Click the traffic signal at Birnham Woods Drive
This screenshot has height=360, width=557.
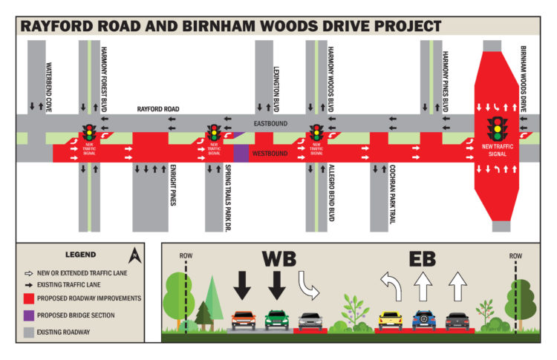[498, 129]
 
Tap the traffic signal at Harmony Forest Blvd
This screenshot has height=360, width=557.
[89, 132]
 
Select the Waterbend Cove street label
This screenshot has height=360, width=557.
[49, 88]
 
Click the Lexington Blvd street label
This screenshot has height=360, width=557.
[276, 89]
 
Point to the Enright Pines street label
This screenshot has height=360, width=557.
[173, 185]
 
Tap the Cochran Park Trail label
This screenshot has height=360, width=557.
[392, 194]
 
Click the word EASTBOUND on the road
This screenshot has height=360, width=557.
[270, 123]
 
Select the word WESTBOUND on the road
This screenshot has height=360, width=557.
[270, 154]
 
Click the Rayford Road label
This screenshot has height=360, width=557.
[158, 109]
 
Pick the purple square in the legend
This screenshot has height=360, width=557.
[29, 315]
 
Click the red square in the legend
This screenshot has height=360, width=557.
[29, 298]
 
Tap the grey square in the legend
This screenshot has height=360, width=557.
[29, 333]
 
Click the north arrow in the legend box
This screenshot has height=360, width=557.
[134, 256]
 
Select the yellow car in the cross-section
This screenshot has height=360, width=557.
[390, 321]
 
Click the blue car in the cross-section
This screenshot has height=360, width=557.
[424, 320]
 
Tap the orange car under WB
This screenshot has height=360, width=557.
[244, 320]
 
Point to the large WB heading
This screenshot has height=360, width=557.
[278, 259]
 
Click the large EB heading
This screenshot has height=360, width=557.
[422, 259]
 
